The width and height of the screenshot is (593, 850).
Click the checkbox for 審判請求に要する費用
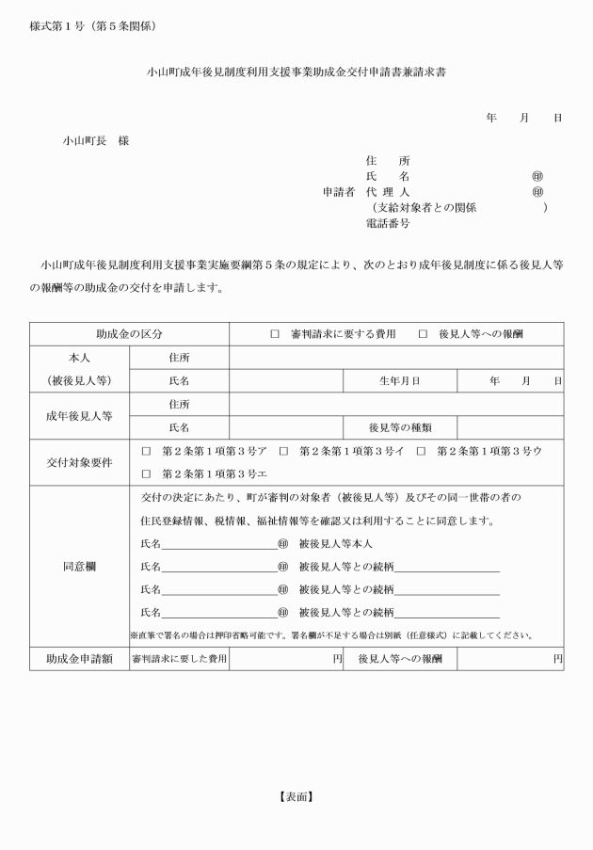pos(275,335)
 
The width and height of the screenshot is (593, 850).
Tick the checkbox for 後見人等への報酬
pos(423,335)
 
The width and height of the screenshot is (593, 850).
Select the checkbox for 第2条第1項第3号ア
pos(146,452)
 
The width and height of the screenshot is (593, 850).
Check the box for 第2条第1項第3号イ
pos(283,452)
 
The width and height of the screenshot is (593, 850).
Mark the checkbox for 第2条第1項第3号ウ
pos(423,452)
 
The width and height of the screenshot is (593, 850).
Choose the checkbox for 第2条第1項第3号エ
pos(146,473)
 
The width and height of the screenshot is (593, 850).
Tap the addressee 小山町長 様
pos(96,141)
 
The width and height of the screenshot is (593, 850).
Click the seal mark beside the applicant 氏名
pos(537,176)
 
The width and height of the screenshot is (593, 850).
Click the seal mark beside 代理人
pos(537,192)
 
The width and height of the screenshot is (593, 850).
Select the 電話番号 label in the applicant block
pos(387,224)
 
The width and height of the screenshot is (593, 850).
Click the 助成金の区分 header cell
pos(129,335)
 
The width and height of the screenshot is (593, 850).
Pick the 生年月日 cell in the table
pos(399,381)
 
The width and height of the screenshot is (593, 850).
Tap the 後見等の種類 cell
pos(399,427)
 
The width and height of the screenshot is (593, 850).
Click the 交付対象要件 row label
pos(78,462)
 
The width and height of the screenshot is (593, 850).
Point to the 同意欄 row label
pos(78,568)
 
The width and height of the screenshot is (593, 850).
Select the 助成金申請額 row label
pos(78,660)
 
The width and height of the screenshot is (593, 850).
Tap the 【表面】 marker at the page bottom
pos(296,796)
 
